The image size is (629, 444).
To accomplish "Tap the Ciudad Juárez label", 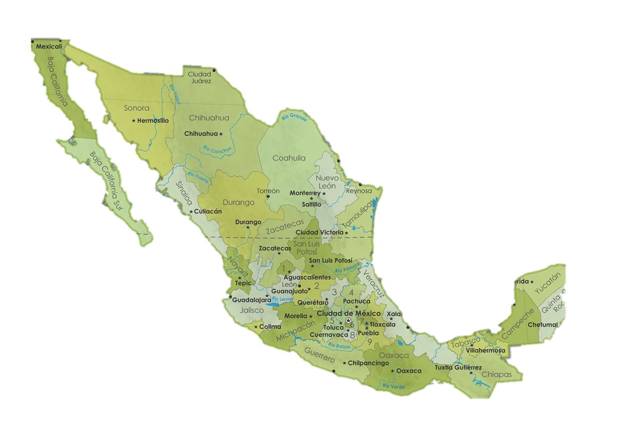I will [x=199, y=77].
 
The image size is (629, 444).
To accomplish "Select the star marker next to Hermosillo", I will [x=134, y=120].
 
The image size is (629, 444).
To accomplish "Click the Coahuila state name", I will [x=289, y=158].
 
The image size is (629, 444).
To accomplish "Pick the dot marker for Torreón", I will [x=268, y=196].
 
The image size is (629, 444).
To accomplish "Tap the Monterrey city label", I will [x=305, y=193].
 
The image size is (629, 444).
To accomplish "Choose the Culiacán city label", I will [x=208, y=211].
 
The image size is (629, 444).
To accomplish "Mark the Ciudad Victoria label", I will [x=320, y=232].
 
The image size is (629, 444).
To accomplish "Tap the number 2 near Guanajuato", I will [x=316, y=285].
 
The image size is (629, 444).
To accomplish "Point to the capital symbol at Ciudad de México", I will [x=348, y=320].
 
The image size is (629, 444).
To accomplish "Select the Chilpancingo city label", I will [x=368, y=363].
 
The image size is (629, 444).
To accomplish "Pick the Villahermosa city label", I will [x=485, y=350].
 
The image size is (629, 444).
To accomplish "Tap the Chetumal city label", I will [x=543, y=325].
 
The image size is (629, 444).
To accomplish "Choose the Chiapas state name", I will [x=497, y=374].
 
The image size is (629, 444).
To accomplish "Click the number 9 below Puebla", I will [x=369, y=342].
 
